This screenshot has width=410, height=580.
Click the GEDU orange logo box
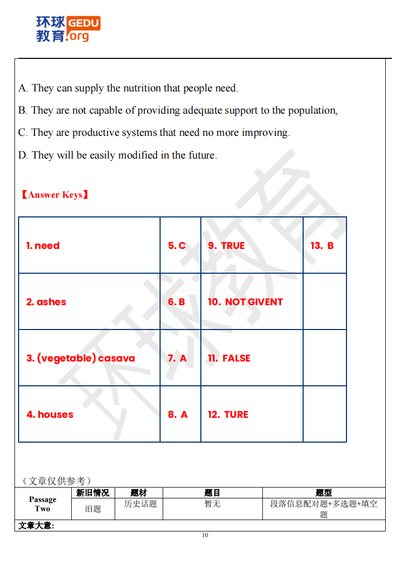tap(84, 23)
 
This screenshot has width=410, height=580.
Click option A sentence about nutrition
tap(128, 88)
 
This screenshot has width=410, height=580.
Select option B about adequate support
tap(178, 110)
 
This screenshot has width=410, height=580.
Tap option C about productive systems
tap(154, 132)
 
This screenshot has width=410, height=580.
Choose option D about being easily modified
tap(117, 155)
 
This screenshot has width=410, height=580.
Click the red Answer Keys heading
tap(55, 195)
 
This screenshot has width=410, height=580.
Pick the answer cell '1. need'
tap(43, 246)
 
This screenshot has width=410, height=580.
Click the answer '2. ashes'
tap(46, 302)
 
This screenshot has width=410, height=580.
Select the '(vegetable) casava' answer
tap(81, 358)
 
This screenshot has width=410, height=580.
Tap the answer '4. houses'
tap(50, 415)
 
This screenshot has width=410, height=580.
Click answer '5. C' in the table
tap(177, 246)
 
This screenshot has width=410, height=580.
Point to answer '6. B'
tap(176, 302)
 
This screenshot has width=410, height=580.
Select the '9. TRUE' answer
tap(226, 246)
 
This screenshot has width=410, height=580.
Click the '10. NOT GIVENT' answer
tap(245, 302)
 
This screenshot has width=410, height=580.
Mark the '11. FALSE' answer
tap(229, 358)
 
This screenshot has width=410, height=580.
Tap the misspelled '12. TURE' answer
tap(228, 415)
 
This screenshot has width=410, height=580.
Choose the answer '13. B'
tap(322, 246)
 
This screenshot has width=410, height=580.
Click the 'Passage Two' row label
tap(42, 504)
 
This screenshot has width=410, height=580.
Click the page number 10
tap(205, 535)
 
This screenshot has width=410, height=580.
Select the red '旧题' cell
tap(93, 509)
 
